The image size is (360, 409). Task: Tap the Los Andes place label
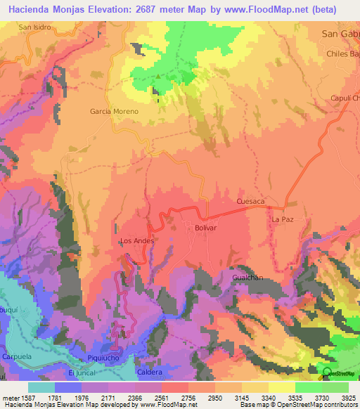pyautogui.click(x=136, y=241)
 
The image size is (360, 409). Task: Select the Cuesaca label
pyautogui.click(x=250, y=201)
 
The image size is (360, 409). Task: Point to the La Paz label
pyautogui.click(x=281, y=219)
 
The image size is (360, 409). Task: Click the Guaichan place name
pyautogui.click(x=247, y=278)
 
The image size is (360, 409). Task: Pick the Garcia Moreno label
pyautogui.click(x=114, y=112)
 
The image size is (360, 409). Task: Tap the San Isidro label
pyautogui.click(x=35, y=27)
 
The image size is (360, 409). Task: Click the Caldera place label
pyautogui.click(x=150, y=372)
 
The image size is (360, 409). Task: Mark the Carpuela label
pyautogui.click(x=17, y=356)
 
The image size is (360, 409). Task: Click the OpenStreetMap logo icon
pyautogui.click(x=328, y=372)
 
